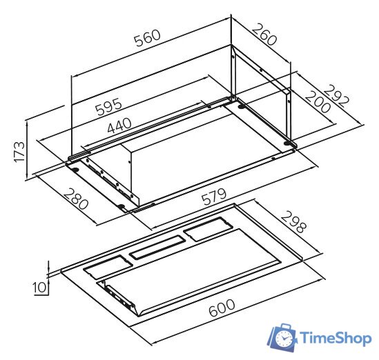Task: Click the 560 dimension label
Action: [x=148, y=38]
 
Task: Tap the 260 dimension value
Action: [x=264, y=34]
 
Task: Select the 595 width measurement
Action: [x=108, y=106]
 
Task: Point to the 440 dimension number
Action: [x=119, y=126]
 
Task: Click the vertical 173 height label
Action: [x=19, y=152]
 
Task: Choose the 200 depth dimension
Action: [x=318, y=101]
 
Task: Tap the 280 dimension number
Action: [x=76, y=199]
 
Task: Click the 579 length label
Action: [x=214, y=197]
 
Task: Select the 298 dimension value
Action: [x=293, y=221]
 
